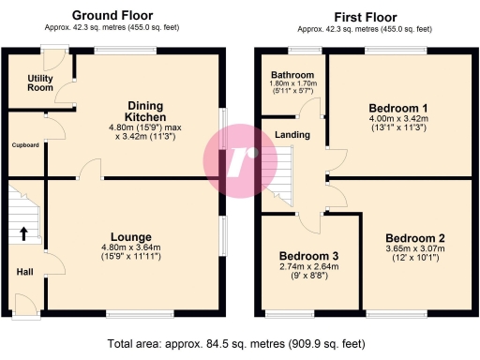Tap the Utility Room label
39,82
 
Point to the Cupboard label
24,145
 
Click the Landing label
292,136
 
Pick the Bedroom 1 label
398,107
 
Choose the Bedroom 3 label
308,256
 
